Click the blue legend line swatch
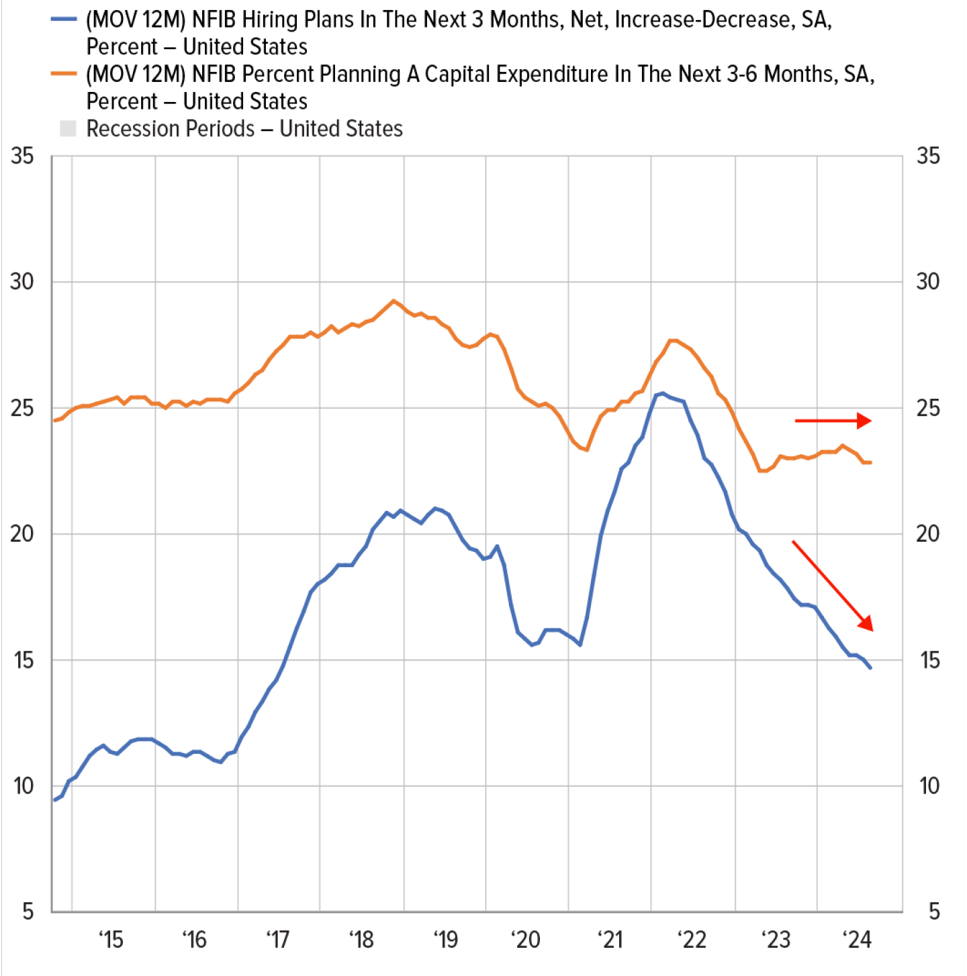[x=64, y=20]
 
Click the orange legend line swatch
[x=64, y=75]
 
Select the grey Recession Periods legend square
[x=68, y=128]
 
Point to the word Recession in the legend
[x=171, y=128]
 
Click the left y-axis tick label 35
[x=22, y=156]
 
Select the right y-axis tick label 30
[x=928, y=282]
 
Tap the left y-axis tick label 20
[x=22, y=534]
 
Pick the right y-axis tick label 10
[x=929, y=786]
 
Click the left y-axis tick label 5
[x=28, y=912]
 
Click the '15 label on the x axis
[x=111, y=940]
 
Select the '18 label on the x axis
[x=361, y=940]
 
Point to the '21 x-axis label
[x=610, y=940]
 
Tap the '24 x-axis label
[x=858, y=940]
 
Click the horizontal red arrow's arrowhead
[x=865, y=421]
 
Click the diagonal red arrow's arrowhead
[x=866, y=624]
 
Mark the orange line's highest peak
[x=394, y=301]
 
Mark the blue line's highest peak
[x=663, y=393]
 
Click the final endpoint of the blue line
[x=870, y=668]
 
